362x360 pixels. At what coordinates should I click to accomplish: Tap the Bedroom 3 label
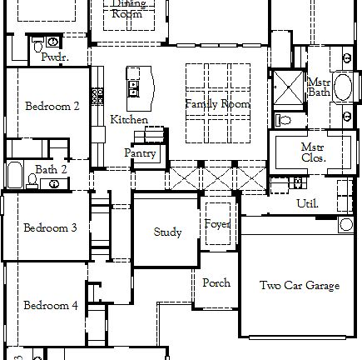tap(50, 227)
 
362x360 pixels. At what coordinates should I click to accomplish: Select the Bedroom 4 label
tap(50, 305)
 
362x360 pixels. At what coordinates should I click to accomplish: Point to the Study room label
tap(167, 232)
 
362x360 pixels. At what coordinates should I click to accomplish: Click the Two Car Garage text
tap(299, 286)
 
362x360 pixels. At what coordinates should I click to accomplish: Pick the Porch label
tap(216, 282)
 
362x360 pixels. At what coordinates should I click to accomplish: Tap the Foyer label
tap(217, 223)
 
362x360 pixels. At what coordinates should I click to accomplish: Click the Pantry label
tap(140, 153)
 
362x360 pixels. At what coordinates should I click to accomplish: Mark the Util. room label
tap(307, 202)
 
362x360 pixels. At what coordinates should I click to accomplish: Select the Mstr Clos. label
tap(313, 152)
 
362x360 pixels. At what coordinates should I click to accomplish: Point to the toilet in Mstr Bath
tap(282, 120)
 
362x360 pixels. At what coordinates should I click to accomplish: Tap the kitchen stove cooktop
tap(97, 97)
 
